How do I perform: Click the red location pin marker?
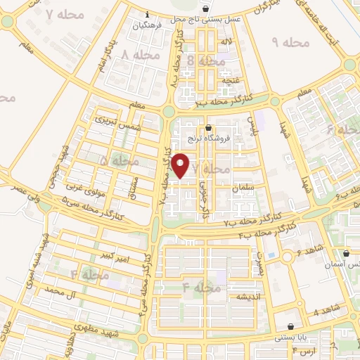coord(181,165)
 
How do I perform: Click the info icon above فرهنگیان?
coord(146,15)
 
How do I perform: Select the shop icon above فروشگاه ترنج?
coord(209,128)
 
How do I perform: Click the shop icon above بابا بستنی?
coord(290,327)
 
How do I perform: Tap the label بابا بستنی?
coord(290,338)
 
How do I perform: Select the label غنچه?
coord(231,81)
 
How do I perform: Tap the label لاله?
coord(225,44)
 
